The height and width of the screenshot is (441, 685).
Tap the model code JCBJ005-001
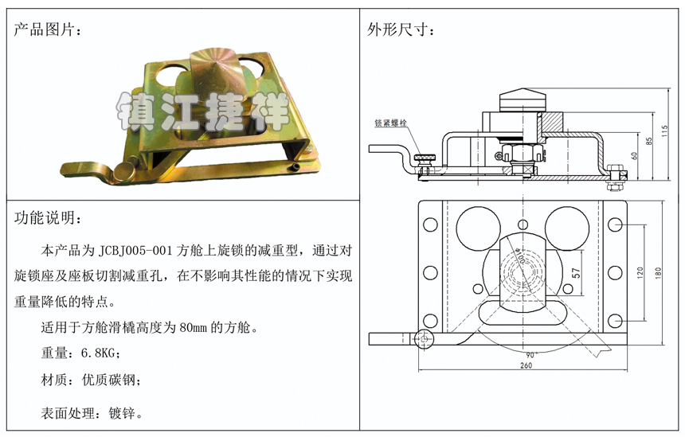pos(135,251)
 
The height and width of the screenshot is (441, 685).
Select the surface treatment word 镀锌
pos(122,413)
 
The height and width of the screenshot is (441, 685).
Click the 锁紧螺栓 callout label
pos(390,123)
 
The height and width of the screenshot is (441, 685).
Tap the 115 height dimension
pos(665,131)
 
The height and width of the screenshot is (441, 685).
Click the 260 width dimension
pos(526,365)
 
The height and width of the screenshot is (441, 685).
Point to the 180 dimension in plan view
pos(659,273)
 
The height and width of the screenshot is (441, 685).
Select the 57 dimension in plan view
pos(576,273)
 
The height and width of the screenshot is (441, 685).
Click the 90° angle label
pos(530,355)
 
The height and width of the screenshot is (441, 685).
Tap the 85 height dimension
pos(648,141)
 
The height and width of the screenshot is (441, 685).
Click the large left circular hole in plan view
pos(479,228)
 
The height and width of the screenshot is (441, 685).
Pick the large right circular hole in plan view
pos(567,228)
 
